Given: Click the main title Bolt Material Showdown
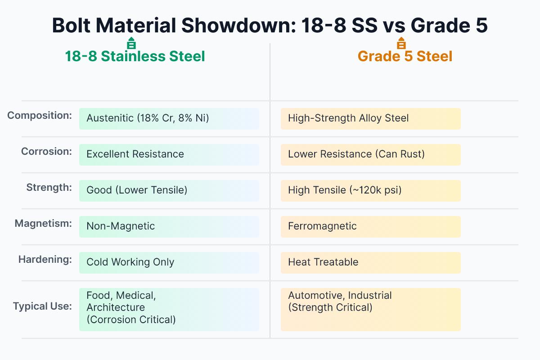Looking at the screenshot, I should [x=270, y=26].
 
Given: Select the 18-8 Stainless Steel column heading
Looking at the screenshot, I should [x=135, y=56].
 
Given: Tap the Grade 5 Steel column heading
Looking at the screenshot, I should [x=405, y=56].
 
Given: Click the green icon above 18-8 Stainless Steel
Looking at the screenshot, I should [x=131, y=44].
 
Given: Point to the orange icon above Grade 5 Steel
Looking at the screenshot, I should [x=401, y=44].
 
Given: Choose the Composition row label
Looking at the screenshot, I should [x=40, y=116].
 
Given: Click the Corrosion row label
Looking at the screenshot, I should [x=46, y=152].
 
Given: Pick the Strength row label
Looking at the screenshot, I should [x=49, y=188].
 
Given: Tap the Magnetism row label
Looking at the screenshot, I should [x=43, y=224].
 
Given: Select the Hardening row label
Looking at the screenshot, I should [x=45, y=260].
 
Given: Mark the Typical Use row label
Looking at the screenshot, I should [x=42, y=306].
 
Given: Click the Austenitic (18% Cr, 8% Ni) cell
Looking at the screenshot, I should [x=169, y=118].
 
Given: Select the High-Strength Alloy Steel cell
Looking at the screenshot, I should [x=370, y=118].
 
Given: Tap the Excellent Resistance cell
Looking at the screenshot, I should [x=169, y=154].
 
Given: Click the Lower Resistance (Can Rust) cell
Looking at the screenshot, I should [x=370, y=154].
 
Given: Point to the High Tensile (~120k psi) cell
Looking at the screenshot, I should [x=370, y=190].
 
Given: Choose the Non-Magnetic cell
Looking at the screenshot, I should [x=169, y=226].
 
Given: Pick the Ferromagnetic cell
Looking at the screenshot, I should [x=370, y=226].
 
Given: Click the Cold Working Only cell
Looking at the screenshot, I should [x=169, y=262].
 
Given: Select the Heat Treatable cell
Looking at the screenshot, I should [x=370, y=262].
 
